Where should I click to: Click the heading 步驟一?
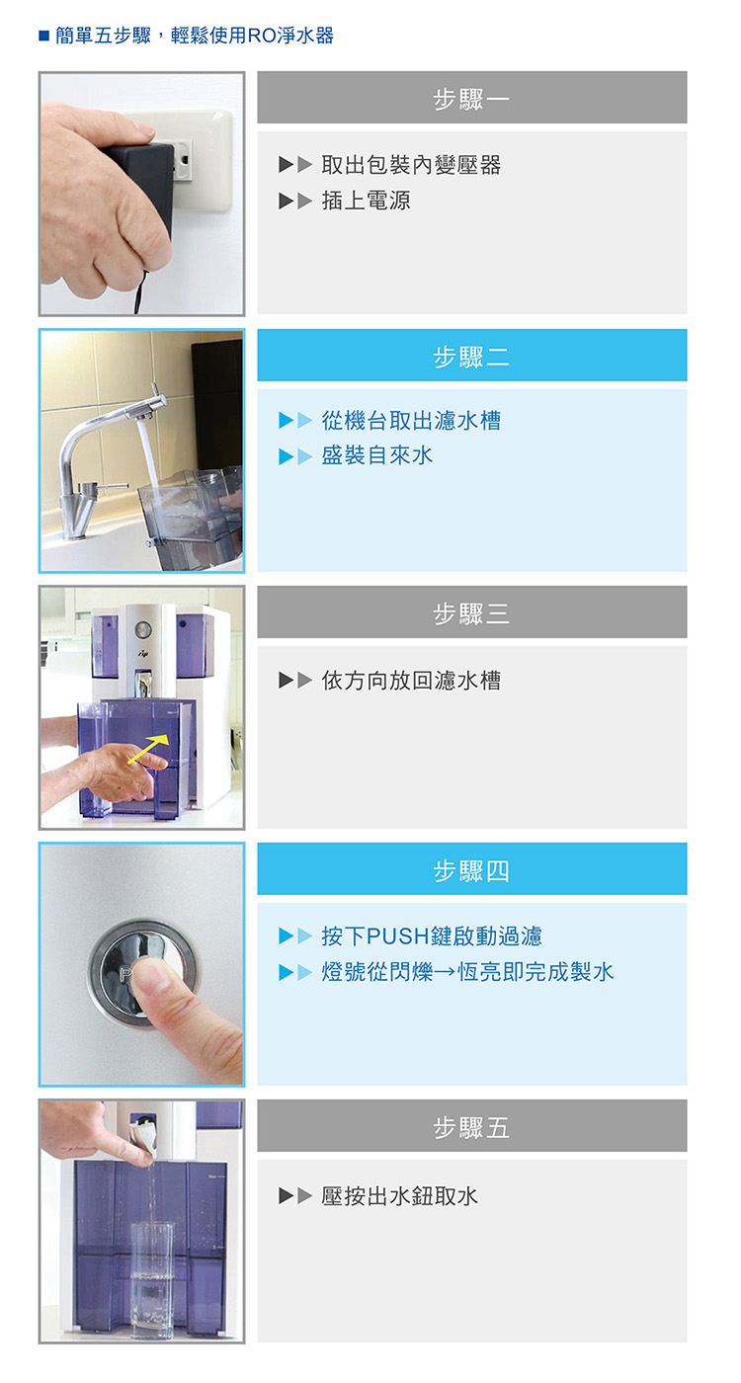[471, 99]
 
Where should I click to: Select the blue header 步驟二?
[471, 357]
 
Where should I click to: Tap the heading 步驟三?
[471, 613]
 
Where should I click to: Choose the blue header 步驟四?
[471, 870]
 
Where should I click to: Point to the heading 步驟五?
[471, 1127]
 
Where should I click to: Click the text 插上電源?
[366, 201]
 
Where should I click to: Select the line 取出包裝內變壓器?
[411, 165]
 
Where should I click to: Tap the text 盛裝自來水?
[376, 455]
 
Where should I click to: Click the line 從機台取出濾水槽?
[411, 421]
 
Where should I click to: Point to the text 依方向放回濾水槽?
[411, 681]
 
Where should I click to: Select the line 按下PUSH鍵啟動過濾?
[432, 936]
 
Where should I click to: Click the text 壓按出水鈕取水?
[399, 1196]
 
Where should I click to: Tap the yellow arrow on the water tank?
[148, 749]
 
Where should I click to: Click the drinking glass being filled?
[152, 1278]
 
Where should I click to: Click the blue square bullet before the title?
[43, 36]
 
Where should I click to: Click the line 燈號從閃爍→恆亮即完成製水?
[467, 972]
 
